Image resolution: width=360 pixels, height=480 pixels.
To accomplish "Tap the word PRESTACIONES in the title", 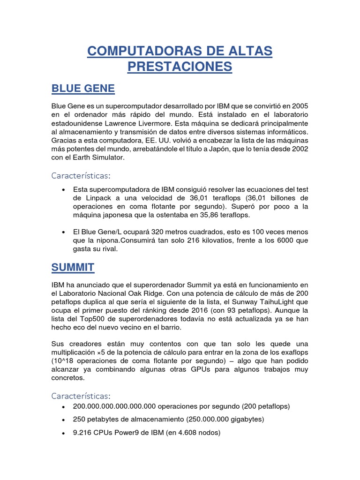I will click(180, 67).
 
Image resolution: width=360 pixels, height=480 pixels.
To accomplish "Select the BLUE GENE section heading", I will click(83, 89).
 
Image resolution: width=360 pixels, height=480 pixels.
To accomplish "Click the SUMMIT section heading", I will click(73, 268).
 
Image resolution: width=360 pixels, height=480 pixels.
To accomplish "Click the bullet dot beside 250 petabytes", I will click(63, 420).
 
